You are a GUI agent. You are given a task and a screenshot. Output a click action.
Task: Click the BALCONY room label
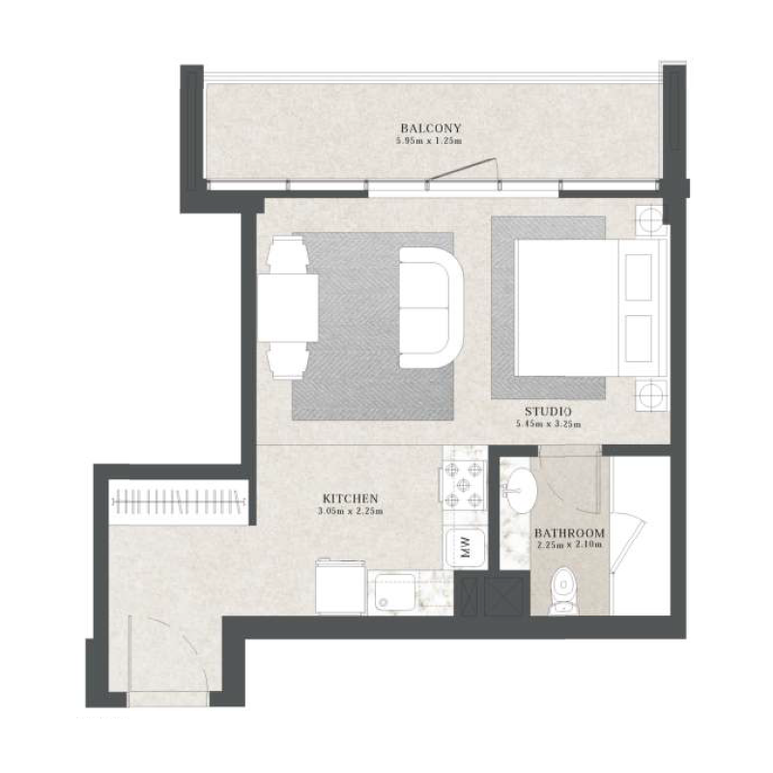coord(431,129)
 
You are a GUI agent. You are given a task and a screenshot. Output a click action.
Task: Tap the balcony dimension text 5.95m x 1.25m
coord(431,142)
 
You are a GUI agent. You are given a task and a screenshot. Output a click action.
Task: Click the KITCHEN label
coord(349,499)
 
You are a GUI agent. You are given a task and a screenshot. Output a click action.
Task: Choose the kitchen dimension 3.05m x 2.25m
coord(349,511)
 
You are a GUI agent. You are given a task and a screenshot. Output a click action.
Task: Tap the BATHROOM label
coord(569,533)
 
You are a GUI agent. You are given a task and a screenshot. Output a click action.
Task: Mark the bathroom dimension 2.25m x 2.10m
coord(569,546)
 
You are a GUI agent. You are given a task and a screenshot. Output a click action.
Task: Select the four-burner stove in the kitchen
coord(463,485)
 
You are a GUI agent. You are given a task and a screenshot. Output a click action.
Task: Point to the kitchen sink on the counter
coord(395,590)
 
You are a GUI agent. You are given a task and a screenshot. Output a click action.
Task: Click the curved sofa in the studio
coord(432,306)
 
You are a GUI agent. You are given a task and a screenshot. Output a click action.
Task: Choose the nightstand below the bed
coord(650,393)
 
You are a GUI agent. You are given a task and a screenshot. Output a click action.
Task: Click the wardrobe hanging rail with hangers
coord(178,502)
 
